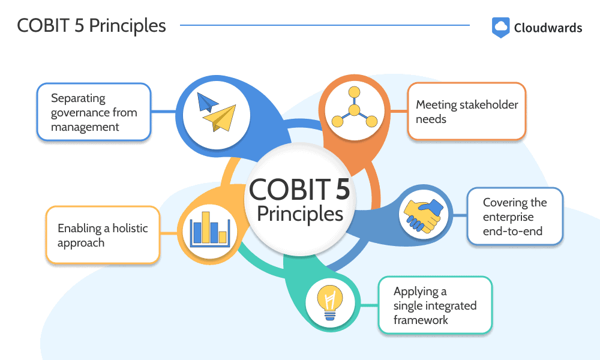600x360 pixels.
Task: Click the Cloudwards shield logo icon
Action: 500,28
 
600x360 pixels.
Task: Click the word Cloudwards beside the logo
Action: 548,28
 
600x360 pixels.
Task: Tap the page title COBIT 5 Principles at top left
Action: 91,26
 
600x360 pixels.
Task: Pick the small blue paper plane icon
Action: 206,102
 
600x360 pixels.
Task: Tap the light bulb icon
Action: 330,302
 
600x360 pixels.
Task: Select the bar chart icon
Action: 210,229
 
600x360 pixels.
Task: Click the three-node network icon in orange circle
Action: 355,107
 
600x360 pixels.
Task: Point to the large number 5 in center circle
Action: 343,188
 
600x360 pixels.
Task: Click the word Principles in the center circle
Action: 300,214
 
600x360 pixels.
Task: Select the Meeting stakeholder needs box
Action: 467,112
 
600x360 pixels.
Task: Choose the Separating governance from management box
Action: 94,112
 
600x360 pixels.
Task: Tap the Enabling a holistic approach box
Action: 103,235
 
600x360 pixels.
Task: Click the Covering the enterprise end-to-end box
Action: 515,217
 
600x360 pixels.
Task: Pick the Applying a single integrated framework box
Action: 435,305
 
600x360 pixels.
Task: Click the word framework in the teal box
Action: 421,320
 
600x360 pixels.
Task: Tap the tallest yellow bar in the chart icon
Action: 206,227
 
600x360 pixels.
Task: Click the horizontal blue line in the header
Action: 325,25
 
